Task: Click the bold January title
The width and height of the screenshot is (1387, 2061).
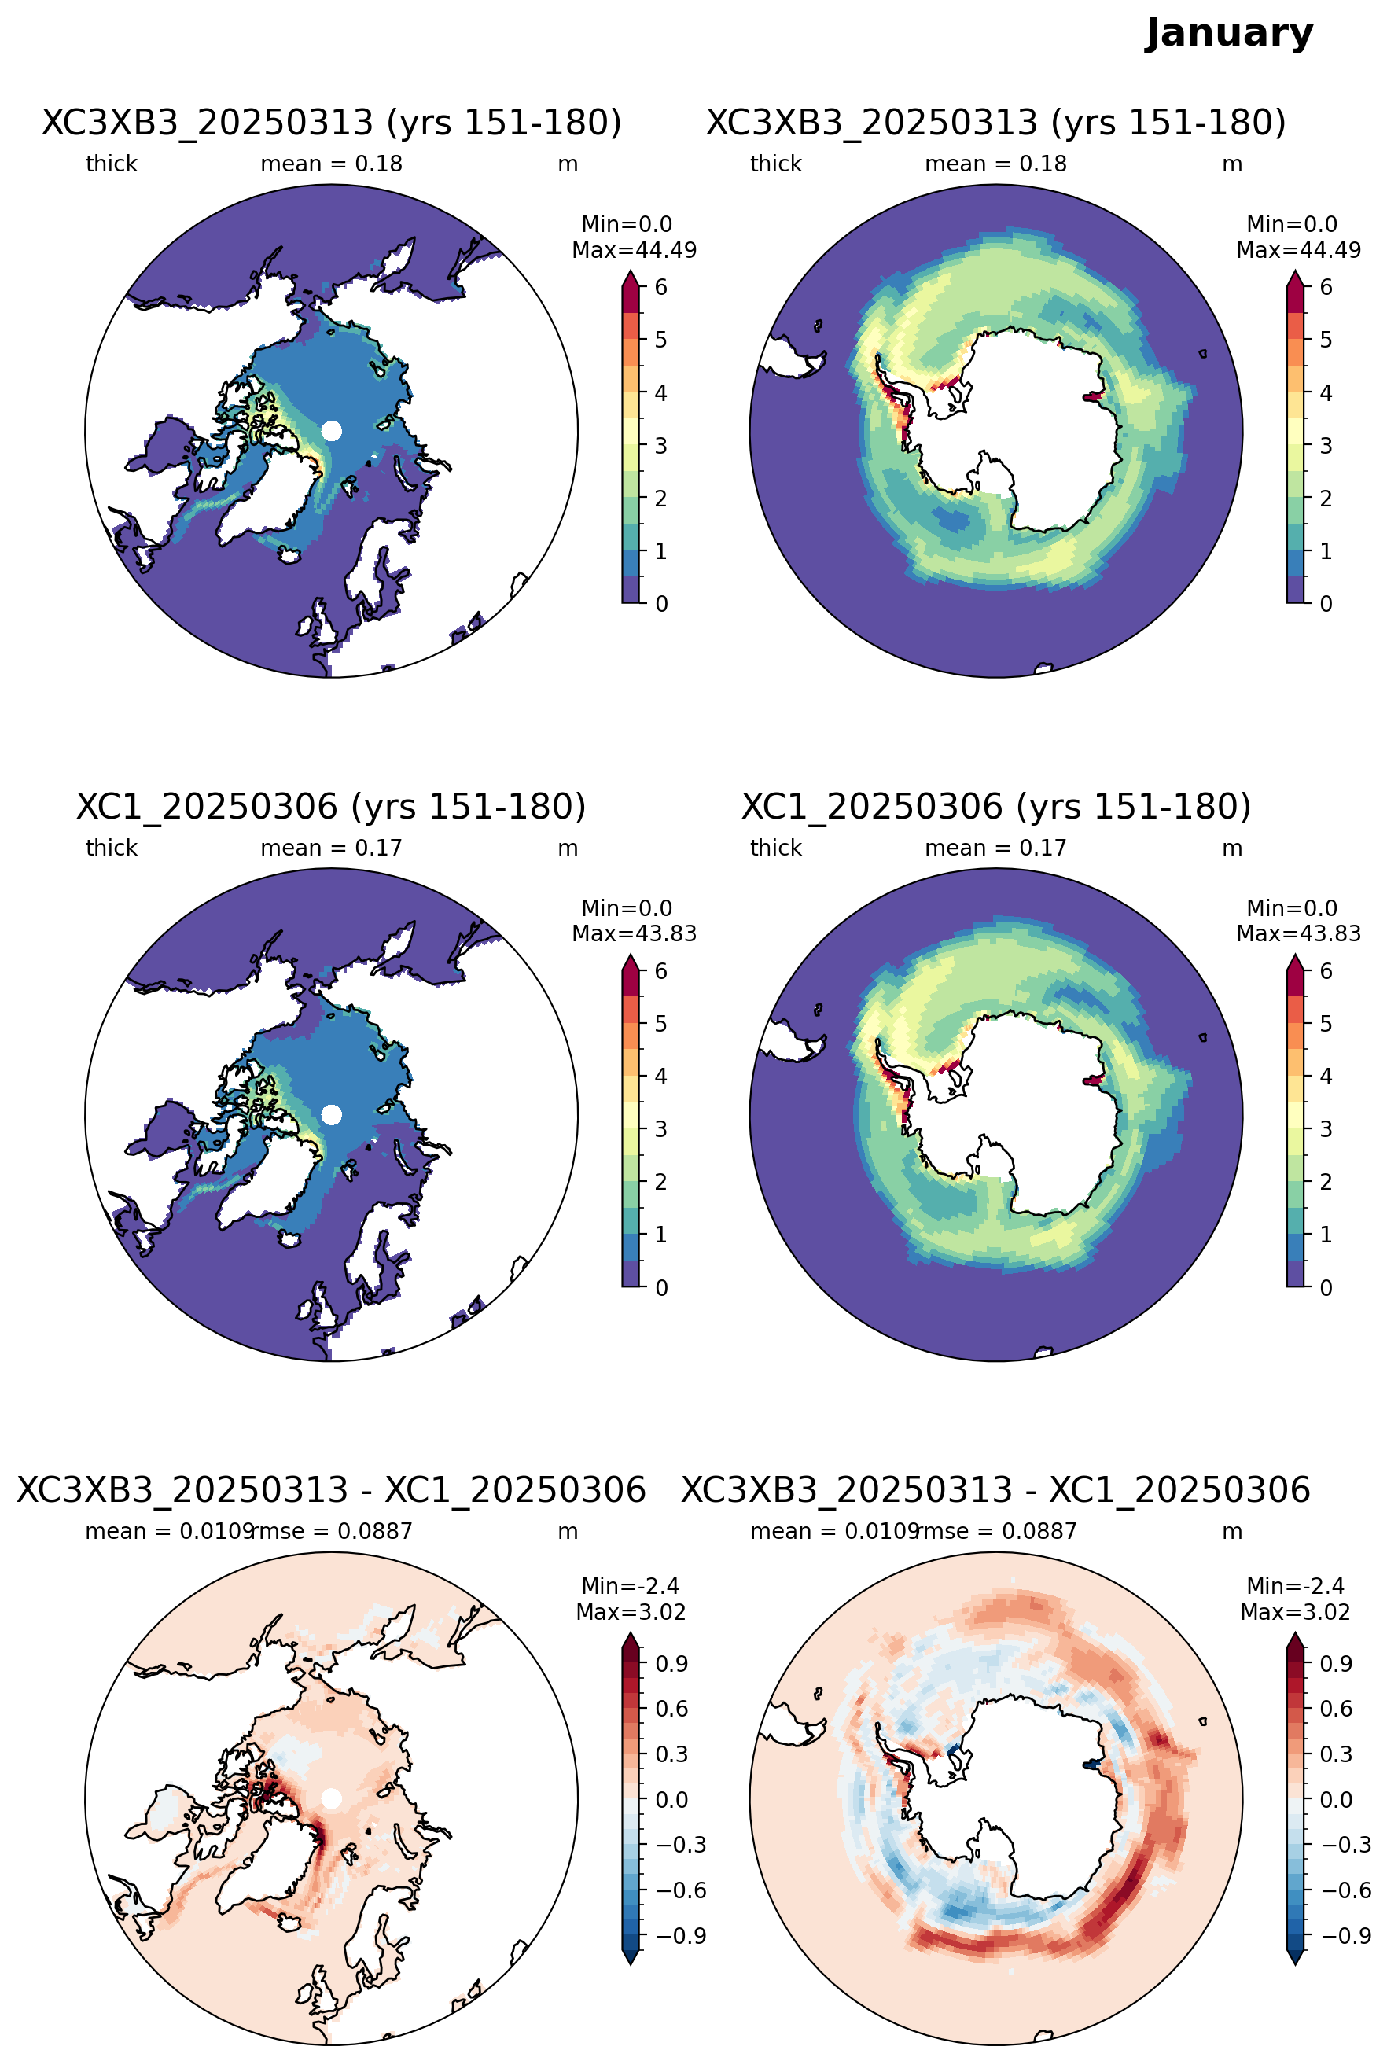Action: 1229,34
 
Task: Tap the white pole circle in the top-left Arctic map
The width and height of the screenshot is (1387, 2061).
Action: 332,431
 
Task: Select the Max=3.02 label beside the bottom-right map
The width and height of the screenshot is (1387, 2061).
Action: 1295,1612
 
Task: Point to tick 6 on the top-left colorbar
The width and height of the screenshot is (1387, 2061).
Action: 660,288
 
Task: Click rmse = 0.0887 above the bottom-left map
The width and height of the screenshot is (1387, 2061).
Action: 333,1531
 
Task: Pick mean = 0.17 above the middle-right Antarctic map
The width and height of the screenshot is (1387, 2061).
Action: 995,848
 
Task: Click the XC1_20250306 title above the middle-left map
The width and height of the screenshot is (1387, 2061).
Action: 332,807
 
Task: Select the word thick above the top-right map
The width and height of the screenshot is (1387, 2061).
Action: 776,164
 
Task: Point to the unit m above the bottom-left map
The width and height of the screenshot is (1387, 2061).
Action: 568,1531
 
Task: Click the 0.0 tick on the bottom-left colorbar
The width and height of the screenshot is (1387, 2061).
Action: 672,1799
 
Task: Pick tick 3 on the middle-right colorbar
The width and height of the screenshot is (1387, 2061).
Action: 1325,1128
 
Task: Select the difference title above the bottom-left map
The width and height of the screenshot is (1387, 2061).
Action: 332,1490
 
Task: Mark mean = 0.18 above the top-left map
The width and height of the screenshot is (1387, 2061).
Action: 331,164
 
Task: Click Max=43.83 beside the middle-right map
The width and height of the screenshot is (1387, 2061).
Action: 1299,933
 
